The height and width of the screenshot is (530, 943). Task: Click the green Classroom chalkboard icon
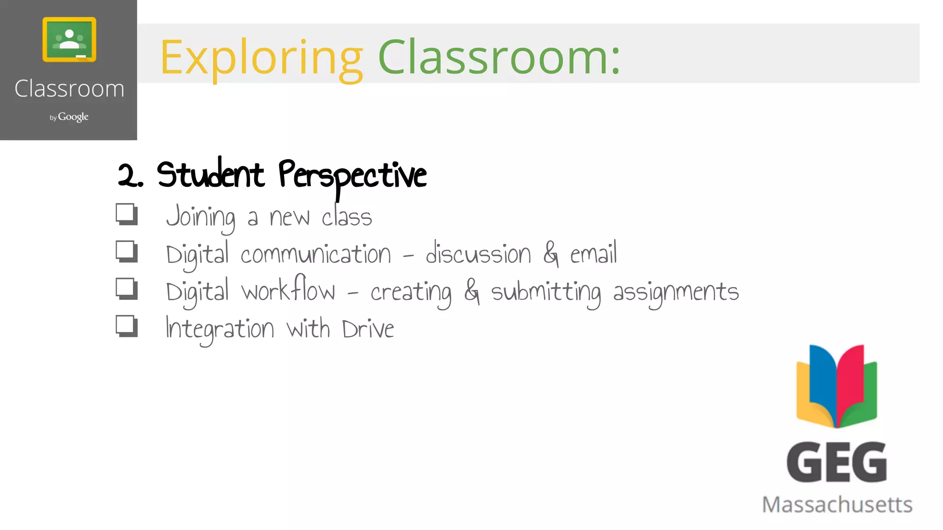(69, 39)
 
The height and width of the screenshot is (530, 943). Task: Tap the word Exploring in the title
(261, 58)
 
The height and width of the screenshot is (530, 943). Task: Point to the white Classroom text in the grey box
(69, 88)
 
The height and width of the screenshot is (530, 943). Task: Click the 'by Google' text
(69, 117)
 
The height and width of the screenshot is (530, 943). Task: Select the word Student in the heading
(210, 175)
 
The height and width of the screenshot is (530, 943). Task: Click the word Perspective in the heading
(352, 176)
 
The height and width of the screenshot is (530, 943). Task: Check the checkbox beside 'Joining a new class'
(126, 214)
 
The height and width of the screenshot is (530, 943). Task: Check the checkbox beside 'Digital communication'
(126, 251)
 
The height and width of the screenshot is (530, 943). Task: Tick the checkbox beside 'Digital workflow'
(126, 289)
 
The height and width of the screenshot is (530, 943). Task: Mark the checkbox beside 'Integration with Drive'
(126, 326)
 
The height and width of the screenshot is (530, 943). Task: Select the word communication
(315, 254)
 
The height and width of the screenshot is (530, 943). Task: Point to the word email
(593, 253)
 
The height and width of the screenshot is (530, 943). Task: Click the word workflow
(289, 290)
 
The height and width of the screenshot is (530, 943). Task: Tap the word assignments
(675, 293)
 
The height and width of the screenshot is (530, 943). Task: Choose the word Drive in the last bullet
(368, 329)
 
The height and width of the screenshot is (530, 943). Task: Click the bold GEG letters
(836, 462)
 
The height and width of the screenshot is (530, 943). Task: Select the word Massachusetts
(837, 505)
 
